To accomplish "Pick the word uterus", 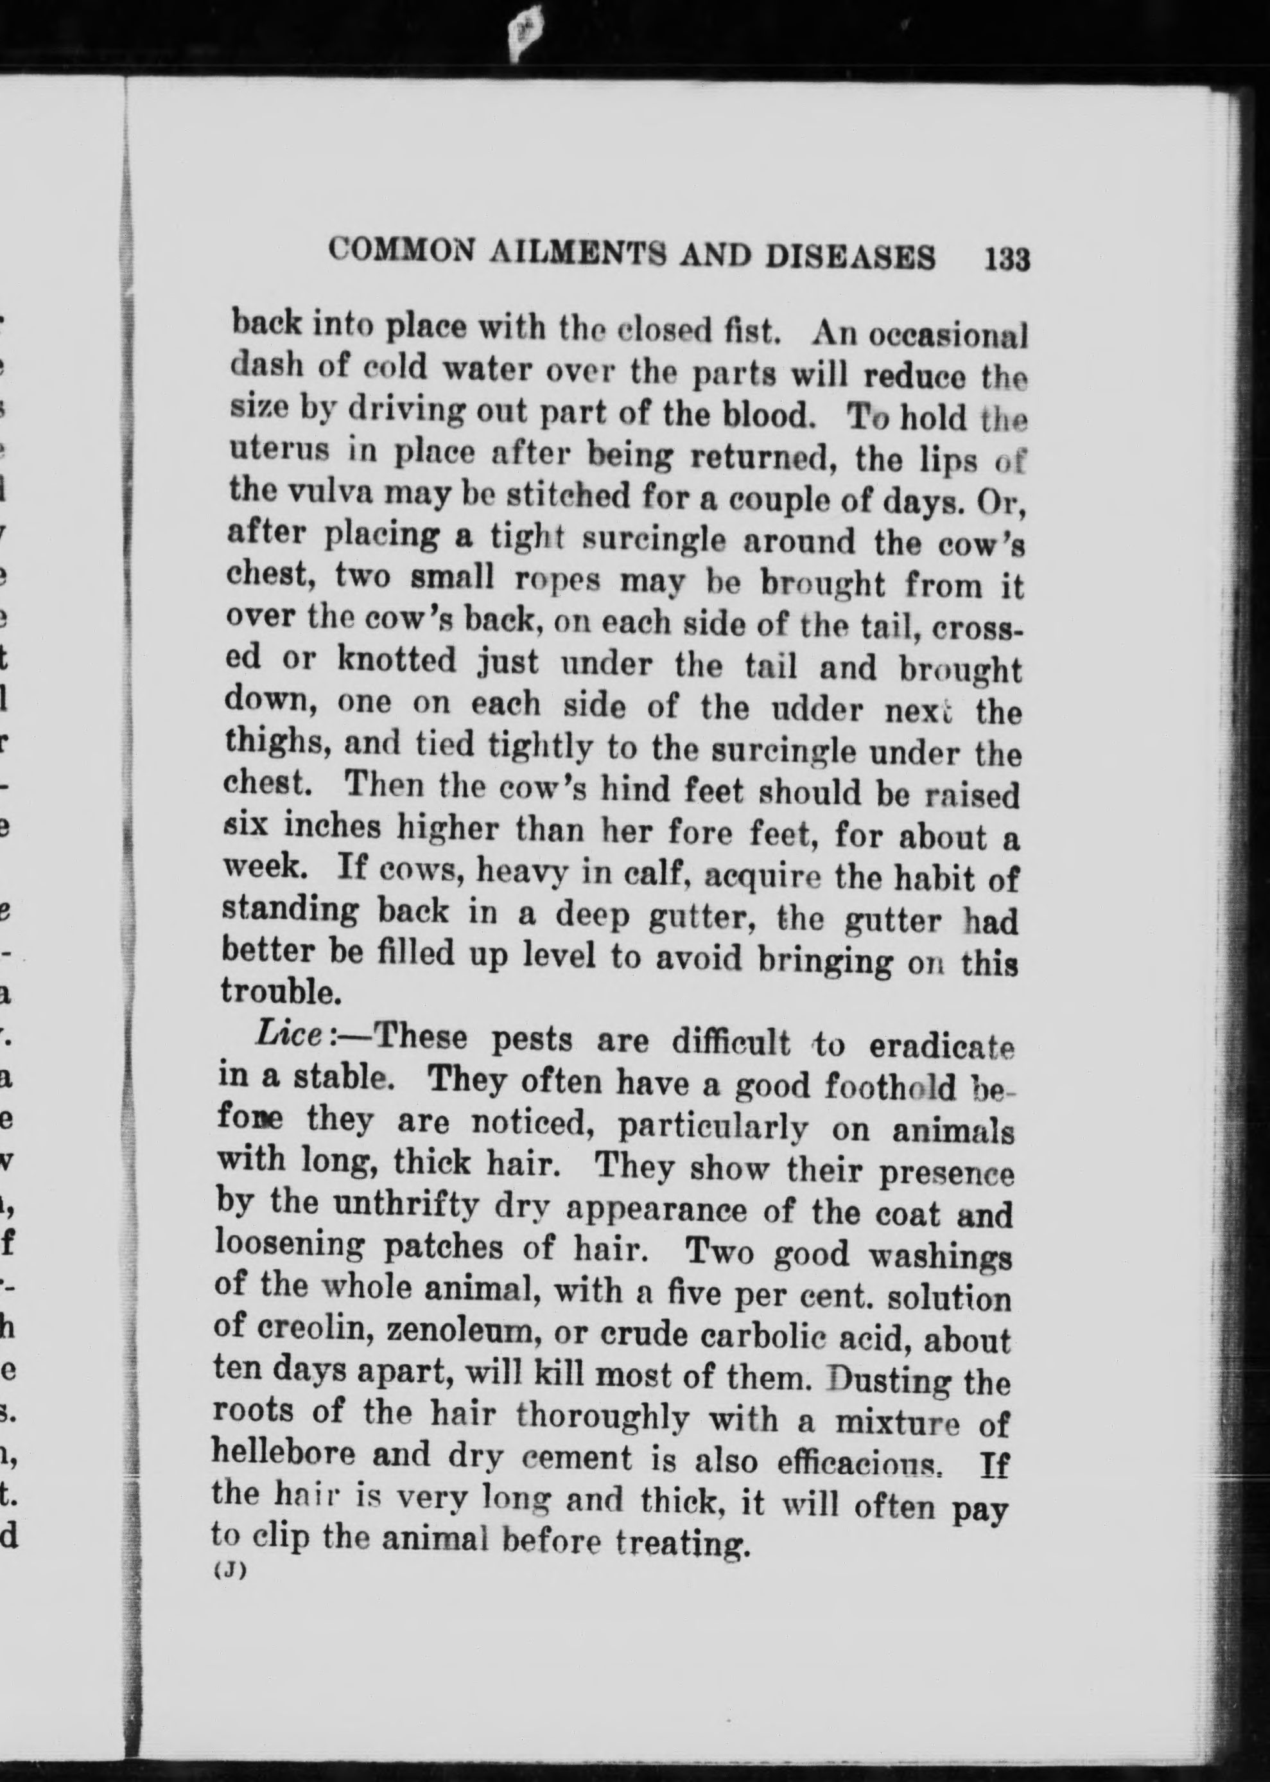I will click(276, 452).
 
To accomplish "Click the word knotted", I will click(397, 660).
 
